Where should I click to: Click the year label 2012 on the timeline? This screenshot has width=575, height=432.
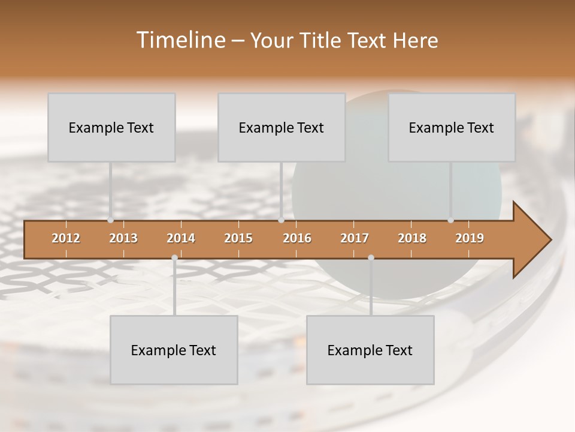click(66, 238)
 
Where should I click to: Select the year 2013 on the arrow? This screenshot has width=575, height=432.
click(123, 238)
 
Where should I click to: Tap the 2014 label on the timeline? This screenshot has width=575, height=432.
click(181, 238)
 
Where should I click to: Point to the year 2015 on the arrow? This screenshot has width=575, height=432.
click(238, 238)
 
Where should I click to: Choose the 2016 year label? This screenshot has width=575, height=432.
click(297, 238)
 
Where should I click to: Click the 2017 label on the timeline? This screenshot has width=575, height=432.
click(355, 238)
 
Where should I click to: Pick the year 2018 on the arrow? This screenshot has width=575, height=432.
click(412, 238)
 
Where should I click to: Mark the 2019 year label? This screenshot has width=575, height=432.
click(470, 238)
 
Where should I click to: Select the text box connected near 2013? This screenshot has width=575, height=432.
click(111, 127)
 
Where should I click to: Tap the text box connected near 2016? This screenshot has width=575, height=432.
click(282, 127)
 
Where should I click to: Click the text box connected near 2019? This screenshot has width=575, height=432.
click(452, 127)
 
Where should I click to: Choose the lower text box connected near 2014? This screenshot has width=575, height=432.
click(174, 350)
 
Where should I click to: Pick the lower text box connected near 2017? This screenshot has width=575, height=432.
click(370, 350)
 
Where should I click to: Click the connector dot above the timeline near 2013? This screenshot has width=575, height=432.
click(110, 220)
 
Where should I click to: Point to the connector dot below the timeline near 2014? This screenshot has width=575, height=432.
click(174, 258)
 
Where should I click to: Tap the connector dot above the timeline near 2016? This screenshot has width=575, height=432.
click(281, 220)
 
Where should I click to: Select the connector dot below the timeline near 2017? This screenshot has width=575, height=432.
click(371, 258)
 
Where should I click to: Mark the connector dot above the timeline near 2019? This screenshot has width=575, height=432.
click(450, 220)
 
